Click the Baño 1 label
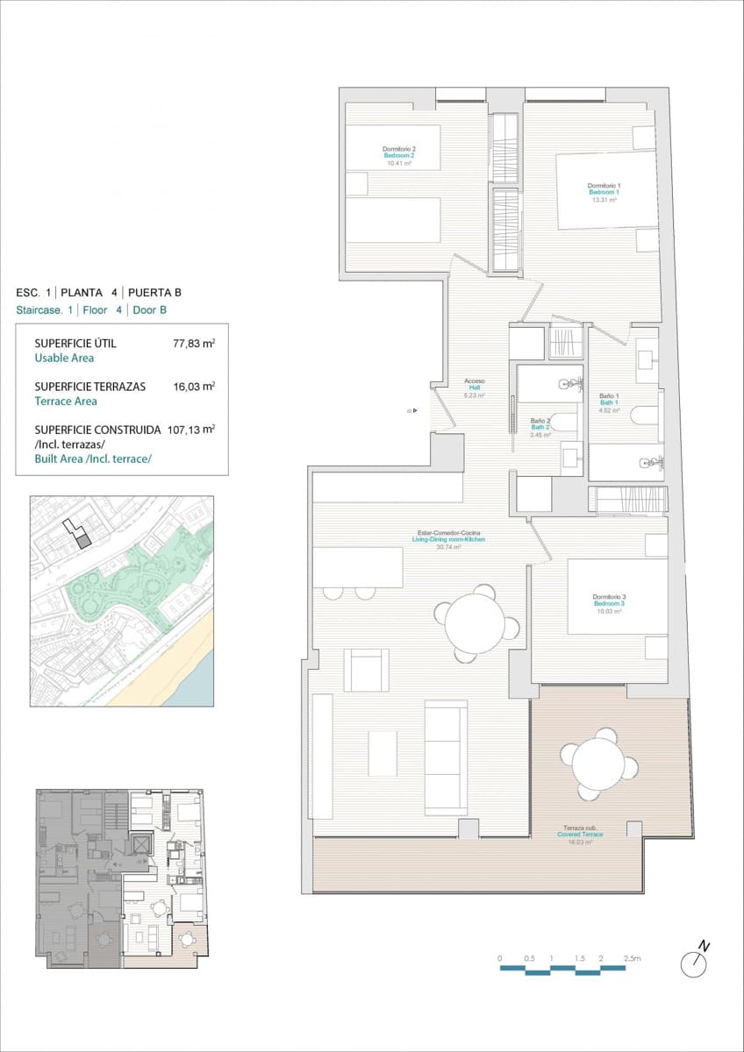(x=609, y=402)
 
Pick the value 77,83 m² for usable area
(x=194, y=344)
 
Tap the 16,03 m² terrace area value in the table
(x=194, y=386)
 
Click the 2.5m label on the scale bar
(x=632, y=959)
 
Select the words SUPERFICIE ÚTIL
(x=75, y=344)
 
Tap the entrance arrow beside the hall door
(x=411, y=410)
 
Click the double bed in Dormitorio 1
(x=605, y=190)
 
